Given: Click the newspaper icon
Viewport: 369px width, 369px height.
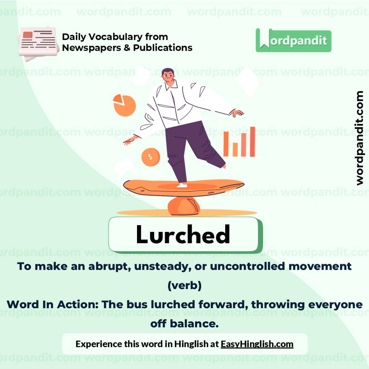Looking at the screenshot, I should coord(38,44).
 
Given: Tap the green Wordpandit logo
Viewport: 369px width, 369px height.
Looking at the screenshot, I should coord(293,40).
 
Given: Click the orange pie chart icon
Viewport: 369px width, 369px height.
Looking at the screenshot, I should coord(124,105).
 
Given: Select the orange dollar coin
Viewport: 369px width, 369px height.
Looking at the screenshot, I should coord(151,157).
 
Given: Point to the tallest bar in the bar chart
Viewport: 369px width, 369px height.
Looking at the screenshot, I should coord(252,141).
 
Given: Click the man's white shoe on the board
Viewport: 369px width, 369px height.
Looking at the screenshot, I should coord(182,185).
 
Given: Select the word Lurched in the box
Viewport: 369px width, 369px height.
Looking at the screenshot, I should coord(183,235).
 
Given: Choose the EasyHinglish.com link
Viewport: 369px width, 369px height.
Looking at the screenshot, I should coord(257,344).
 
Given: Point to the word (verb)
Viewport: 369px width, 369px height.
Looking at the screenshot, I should coord(184,285).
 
